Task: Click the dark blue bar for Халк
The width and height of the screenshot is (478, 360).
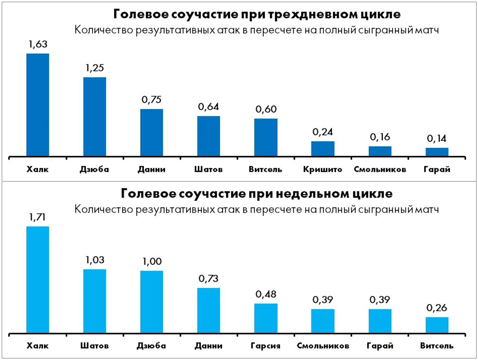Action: coord(38,105)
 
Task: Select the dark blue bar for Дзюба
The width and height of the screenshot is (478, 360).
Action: coord(95,117)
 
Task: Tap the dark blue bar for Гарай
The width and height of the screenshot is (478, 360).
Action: coord(437,152)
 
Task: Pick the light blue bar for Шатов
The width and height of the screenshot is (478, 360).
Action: coord(95,301)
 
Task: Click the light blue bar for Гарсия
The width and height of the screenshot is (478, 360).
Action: coord(266,318)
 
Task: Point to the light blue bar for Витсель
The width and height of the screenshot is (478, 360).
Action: coord(437,325)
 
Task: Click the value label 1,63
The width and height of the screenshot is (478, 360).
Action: coord(38,44)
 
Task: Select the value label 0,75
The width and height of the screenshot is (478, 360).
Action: coord(152,99)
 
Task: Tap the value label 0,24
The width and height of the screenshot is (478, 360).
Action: coord(322,132)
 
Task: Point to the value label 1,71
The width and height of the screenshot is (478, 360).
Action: coord(37,217)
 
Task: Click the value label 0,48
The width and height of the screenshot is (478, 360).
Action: coord(266,294)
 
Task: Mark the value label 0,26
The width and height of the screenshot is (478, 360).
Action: coord(436,308)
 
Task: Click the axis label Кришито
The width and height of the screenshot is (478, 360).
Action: coord(322,170)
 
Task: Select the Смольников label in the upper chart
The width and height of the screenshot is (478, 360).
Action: coord(380,170)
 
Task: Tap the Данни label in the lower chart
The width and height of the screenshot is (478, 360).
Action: coord(209,346)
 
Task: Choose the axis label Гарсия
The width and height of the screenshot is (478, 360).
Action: coord(266,346)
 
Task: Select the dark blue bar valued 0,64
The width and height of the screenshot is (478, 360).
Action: coord(209,136)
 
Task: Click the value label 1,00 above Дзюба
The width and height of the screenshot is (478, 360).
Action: coord(152,261)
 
